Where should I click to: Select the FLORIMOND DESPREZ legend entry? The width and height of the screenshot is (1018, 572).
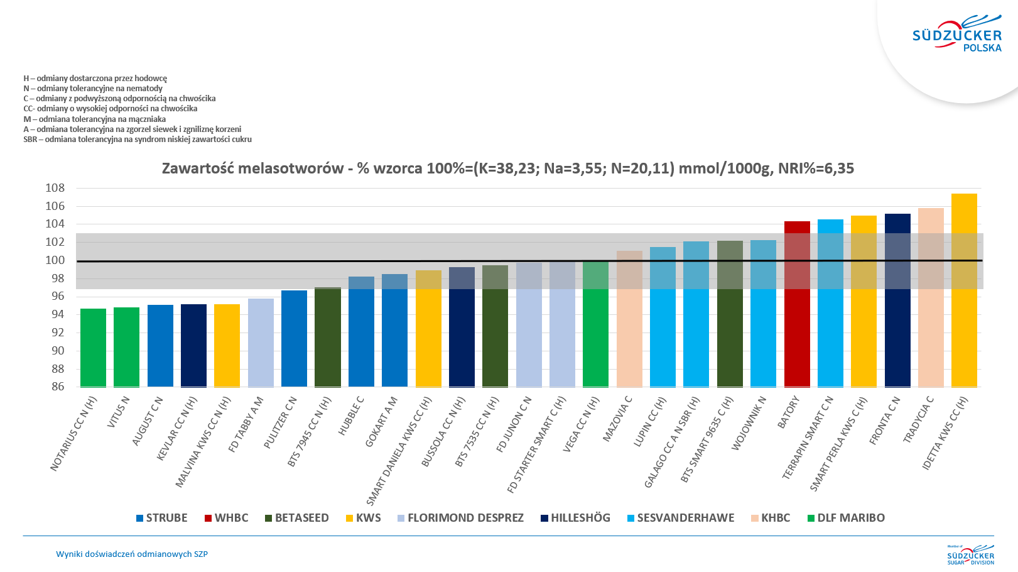coord(460,518)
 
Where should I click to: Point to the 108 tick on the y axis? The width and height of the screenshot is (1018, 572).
coord(55,188)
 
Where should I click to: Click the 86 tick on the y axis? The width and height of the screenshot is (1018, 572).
coord(58,387)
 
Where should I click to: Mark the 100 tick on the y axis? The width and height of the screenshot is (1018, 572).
coord(55,260)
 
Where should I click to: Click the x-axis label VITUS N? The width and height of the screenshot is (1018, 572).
coord(119,412)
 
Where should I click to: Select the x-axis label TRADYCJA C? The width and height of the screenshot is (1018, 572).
coord(919,419)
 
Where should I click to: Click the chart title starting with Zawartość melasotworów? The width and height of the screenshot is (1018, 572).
coord(507,168)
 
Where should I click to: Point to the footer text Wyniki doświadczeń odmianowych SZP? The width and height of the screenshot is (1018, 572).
coord(132,554)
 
